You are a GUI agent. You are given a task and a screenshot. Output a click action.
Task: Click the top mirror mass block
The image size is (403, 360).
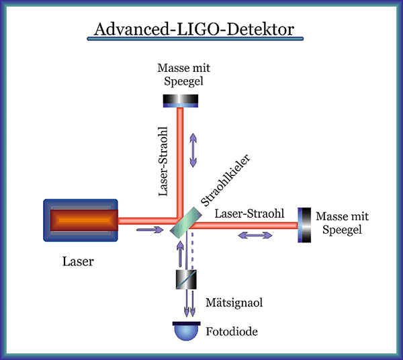pyautogui.click(x=181, y=100)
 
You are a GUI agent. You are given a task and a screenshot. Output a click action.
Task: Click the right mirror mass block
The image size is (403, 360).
pyautogui.click(x=306, y=224)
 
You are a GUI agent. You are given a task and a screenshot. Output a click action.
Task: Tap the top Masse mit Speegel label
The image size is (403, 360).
pyautogui.click(x=181, y=75)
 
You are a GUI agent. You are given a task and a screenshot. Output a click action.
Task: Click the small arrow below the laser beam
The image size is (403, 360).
pyautogui.click(x=149, y=230)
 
